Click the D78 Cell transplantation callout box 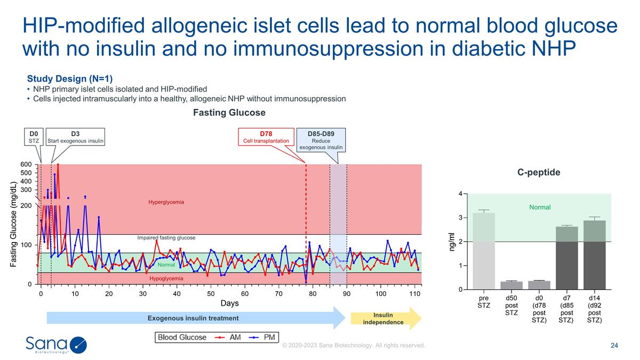(x=266, y=137)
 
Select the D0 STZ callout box (x=33, y=137)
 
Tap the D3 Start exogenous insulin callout (x=75, y=137)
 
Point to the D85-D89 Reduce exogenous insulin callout (x=321, y=140)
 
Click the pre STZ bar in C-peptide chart (x=483, y=251)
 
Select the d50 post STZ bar (x=511, y=285)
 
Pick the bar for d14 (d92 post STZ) (x=594, y=255)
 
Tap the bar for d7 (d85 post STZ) (x=566, y=258)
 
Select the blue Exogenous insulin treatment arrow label (x=193, y=318)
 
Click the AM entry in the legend (x=229, y=337)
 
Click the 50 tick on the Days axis (x=211, y=293)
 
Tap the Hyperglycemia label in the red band (x=166, y=202)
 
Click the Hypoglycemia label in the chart (x=166, y=278)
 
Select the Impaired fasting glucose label (x=166, y=237)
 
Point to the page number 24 (x=614, y=346)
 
